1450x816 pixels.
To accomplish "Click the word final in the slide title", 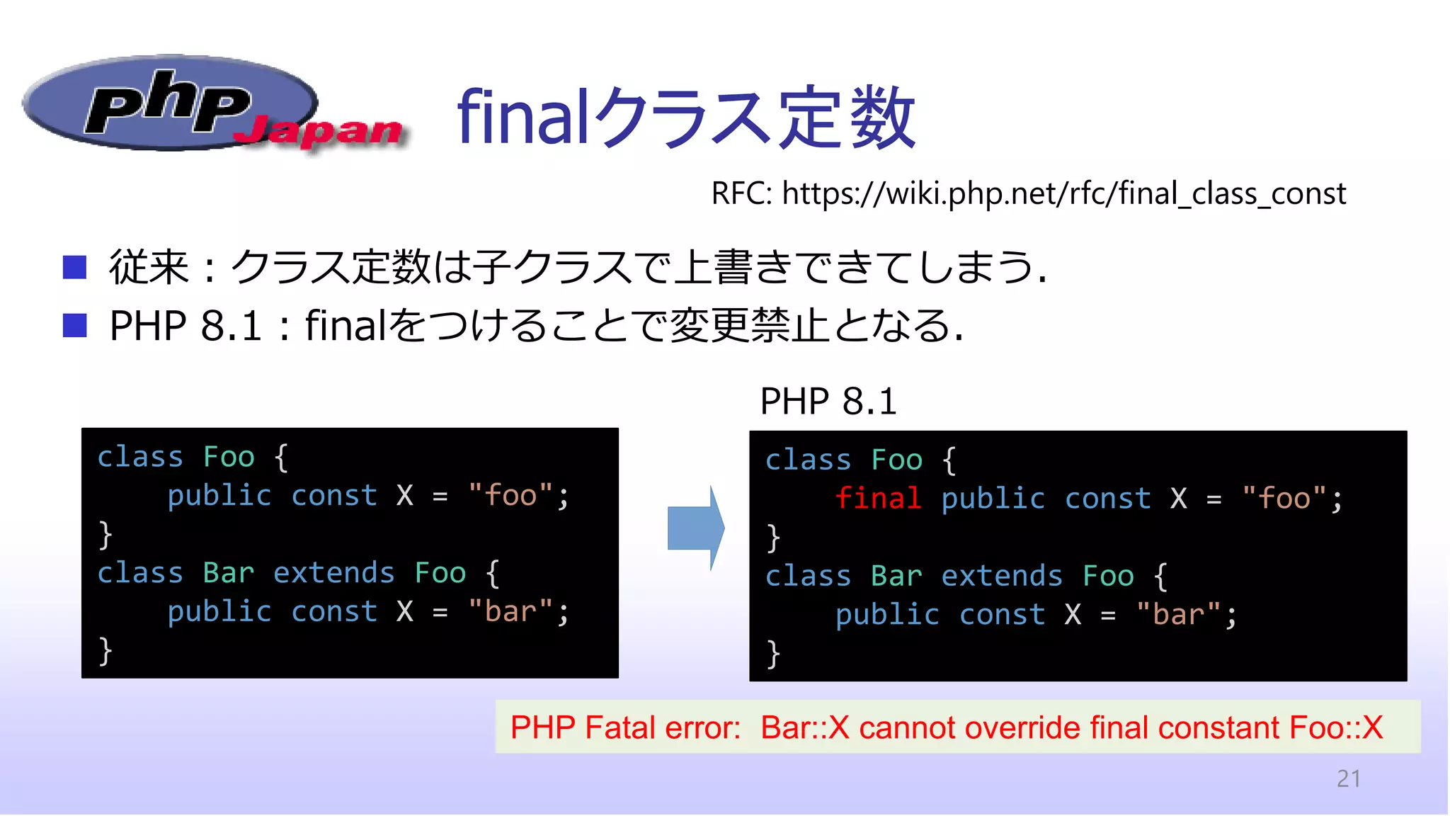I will point(523,117).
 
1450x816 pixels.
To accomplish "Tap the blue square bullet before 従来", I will point(74,267).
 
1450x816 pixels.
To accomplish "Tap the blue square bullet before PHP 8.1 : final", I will point(74,325).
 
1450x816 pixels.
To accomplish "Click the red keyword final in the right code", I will point(878,498).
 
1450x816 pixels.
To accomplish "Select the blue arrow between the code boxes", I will point(695,528).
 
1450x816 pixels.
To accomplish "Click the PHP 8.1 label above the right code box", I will point(828,402).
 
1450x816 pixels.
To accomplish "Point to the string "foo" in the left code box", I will point(511,495).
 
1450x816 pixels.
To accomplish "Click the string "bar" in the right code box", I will point(1178,614).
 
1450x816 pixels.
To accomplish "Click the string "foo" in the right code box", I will point(1284,498).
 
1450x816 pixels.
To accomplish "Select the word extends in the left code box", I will point(334,572).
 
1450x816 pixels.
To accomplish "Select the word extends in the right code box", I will point(1002,576).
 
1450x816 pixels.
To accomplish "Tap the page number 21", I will point(1348,778).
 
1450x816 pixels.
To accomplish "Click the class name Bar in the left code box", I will point(228,572).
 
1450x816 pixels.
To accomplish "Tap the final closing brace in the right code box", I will point(773,654).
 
